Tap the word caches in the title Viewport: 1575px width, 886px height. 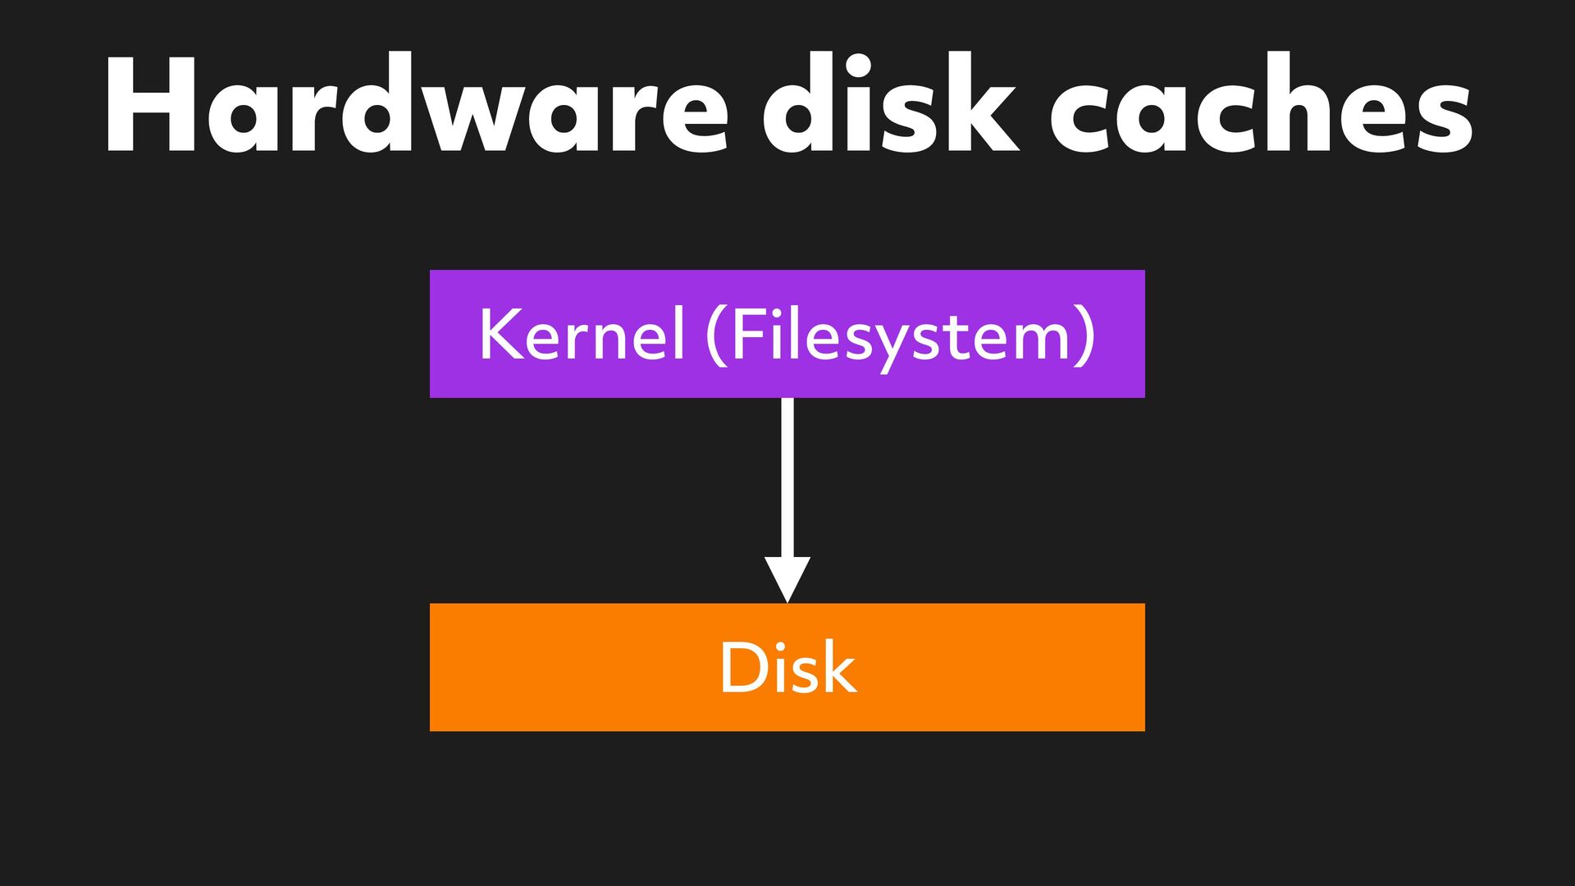click(1261, 105)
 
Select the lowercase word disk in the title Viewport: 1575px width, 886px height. click(890, 105)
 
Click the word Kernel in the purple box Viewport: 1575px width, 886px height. click(581, 334)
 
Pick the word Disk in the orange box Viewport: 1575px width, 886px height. click(787, 667)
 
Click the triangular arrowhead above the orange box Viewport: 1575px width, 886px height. click(787, 578)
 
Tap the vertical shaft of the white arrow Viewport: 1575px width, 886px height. click(787, 476)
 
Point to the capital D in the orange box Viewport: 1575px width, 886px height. click(742, 667)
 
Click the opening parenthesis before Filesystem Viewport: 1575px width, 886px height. click(716, 335)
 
